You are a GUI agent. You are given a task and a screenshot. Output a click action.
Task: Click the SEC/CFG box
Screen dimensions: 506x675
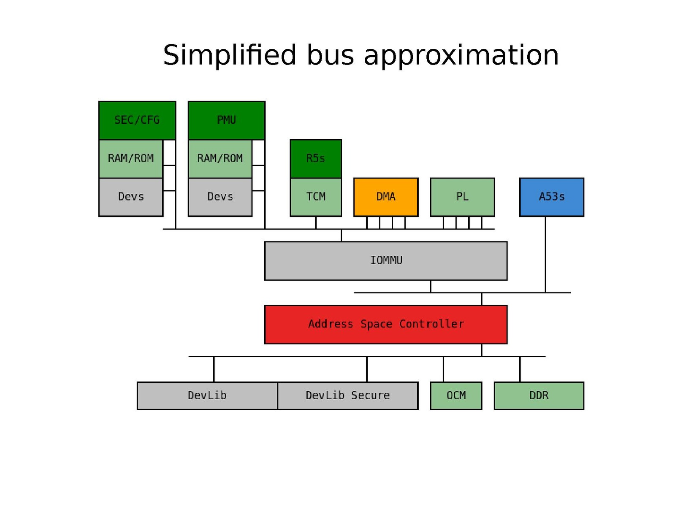pos(137,120)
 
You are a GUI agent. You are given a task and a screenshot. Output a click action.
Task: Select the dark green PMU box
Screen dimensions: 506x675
pos(226,120)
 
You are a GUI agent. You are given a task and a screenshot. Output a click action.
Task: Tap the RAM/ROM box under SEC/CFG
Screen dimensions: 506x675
pos(131,159)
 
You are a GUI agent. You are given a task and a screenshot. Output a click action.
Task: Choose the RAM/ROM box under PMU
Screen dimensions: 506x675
pos(220,159)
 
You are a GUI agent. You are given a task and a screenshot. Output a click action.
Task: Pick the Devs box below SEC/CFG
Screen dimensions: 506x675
pos(131,197)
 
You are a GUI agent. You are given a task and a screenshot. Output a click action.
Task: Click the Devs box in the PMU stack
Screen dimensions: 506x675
pos(220,197)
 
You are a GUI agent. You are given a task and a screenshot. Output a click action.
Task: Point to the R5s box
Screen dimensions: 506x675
pos(316,159)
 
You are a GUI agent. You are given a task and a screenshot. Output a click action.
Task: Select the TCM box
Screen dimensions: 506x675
pos(316,197)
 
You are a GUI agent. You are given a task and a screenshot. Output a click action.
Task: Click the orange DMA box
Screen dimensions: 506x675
pos(386,197)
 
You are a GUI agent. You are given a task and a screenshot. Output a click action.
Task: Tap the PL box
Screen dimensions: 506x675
pos(462,197)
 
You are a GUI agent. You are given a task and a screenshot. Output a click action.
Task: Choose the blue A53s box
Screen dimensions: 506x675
pos(551,197)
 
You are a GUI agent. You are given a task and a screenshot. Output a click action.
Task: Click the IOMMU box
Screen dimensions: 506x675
pos(386,260)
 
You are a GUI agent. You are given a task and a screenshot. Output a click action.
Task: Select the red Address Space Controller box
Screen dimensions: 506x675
pos(386,324)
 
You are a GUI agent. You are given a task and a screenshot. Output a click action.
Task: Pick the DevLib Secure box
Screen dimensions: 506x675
pos(348,395)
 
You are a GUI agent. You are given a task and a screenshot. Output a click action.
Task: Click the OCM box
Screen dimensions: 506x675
pos(456,395)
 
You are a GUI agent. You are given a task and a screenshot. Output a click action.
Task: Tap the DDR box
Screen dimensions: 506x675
pos(539,395)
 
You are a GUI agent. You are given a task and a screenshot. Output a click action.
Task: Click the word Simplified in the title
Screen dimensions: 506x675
pos(230,55)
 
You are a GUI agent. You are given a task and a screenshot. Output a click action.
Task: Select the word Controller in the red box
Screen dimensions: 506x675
pos(431,324)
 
